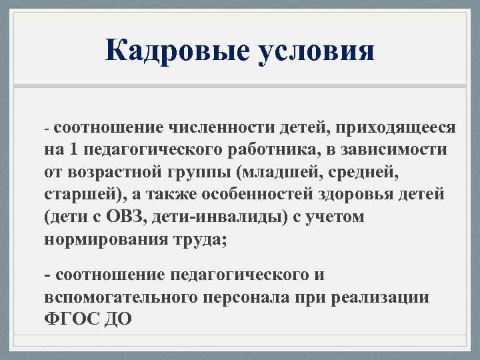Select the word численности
(221, 127)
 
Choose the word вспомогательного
(117, 297)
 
